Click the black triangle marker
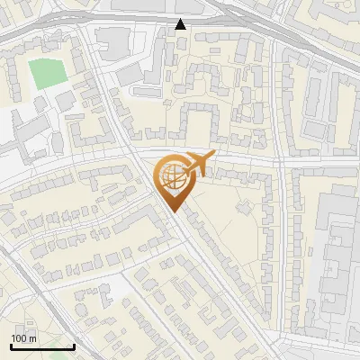[181, 24]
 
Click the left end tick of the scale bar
[12, 346]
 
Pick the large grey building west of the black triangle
[112, 40]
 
